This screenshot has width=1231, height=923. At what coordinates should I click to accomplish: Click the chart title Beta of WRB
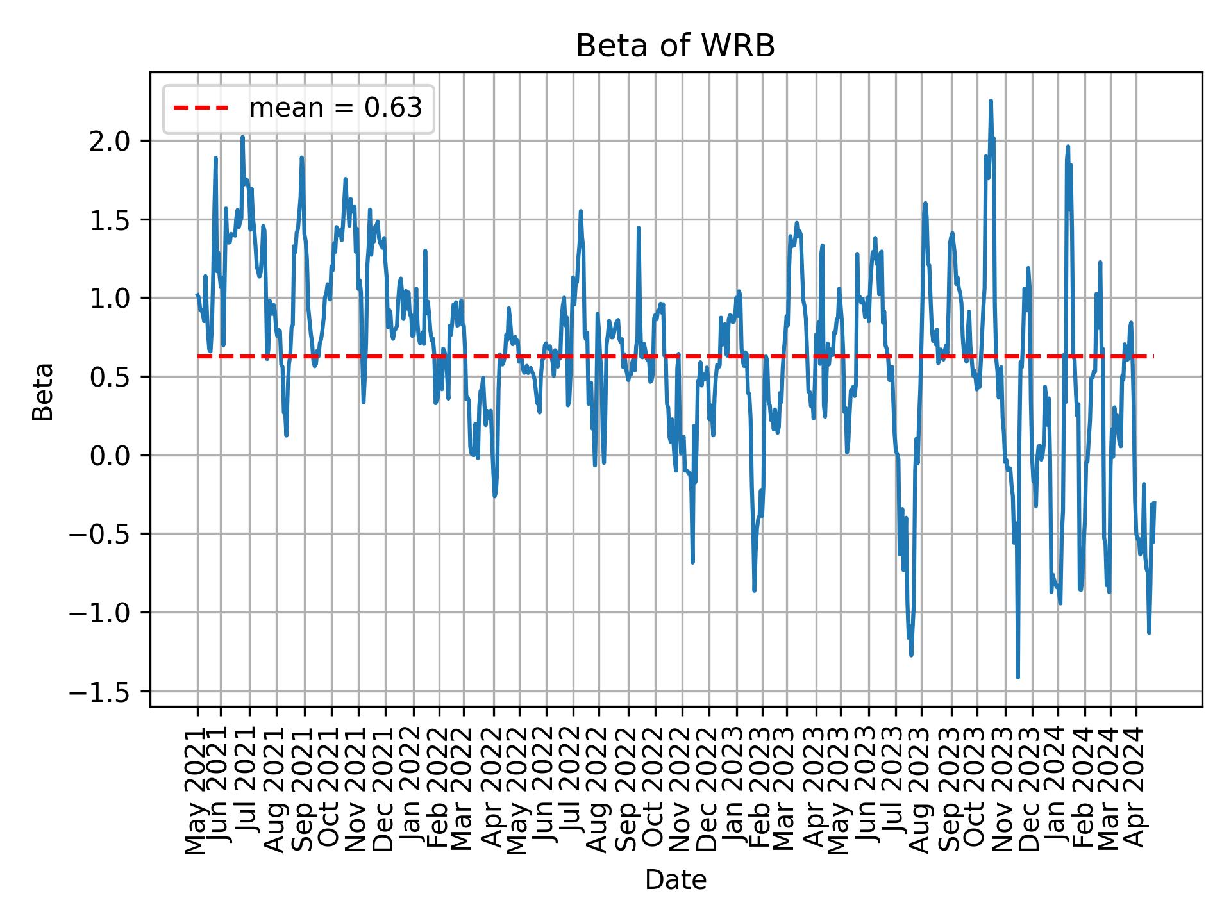click(675, 46)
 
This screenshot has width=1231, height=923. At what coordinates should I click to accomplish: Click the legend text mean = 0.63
click(335, 108)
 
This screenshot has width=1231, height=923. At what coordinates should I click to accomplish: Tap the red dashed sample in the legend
click(201, 108)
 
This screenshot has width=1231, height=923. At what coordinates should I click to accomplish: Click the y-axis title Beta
click(43, 392)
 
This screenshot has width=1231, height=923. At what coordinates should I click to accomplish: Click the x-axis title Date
click(675, 880)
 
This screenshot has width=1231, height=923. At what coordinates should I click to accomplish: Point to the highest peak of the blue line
click(991, 101)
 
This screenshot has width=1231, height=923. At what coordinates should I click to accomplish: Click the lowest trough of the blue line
click(1017, 677)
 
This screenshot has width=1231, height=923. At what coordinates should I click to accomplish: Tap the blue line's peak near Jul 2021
click(242, 137)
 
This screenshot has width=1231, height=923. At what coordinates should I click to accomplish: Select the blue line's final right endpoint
click(1154, 503)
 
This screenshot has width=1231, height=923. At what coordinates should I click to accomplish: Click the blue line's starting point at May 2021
click(197, 295)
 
